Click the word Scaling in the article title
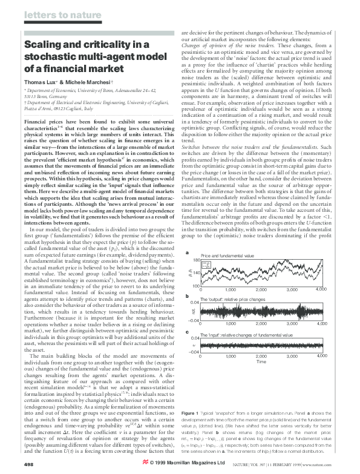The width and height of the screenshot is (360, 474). click(42, 44)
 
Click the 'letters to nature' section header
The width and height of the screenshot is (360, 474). click(49, 13)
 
